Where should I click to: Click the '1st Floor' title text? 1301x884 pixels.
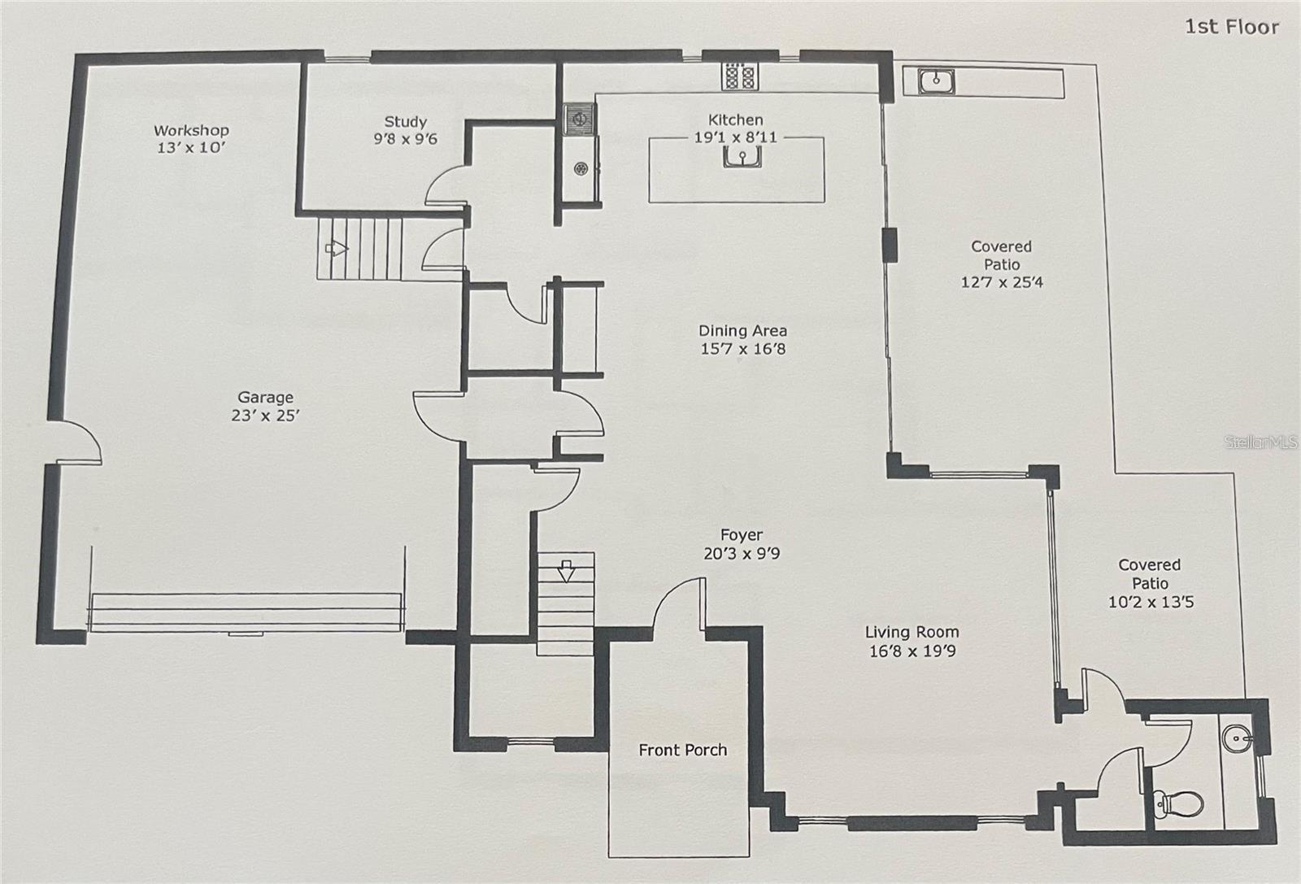(1231, 27)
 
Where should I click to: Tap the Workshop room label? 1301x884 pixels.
(191, 130)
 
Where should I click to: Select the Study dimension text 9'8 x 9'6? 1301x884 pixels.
(405, 139)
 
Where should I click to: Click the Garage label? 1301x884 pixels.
(265, 397)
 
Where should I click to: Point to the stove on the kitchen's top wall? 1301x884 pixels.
(739, 76)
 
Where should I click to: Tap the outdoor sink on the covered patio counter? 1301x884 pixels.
(937, 81)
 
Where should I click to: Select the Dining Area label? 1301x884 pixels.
(742, 330)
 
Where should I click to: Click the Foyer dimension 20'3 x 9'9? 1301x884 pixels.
(742, 554)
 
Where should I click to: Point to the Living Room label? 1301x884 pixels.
(912, 632)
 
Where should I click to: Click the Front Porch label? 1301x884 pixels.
(682, 750)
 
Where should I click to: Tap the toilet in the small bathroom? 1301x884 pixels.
(1178, 802)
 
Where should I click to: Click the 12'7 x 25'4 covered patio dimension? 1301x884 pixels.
(1002, 282)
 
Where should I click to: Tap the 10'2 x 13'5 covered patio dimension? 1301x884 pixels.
(1150, 602)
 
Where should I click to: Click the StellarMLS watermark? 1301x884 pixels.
(1260, 443)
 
